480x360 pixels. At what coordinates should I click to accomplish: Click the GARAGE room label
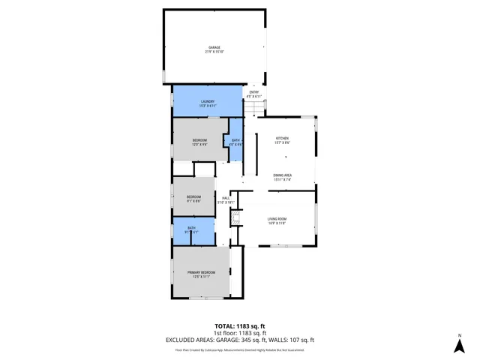click(214, 47)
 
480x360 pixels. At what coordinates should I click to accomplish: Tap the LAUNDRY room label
click(208, 101)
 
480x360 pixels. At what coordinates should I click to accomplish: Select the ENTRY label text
click(254, 92)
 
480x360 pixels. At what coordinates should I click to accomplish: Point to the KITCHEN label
click(282, 139)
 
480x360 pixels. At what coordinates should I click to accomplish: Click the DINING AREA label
click(282, 175)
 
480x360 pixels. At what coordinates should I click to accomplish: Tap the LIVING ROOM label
click(277, 218)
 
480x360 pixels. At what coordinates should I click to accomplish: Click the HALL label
click(225, 198)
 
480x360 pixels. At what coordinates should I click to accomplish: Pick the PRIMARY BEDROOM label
click(201, 272)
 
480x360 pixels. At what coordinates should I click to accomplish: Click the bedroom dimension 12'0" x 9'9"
click(199, 145)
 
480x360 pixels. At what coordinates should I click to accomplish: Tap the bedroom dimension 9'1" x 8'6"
click(193, 201)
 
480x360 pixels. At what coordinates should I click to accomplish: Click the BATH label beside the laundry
click(235, 141)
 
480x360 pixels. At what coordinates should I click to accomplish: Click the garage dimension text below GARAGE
click(214, 52)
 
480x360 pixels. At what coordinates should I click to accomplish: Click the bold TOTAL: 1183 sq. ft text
click(240, 325)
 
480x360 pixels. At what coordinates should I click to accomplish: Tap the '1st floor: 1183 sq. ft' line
click(240, 332)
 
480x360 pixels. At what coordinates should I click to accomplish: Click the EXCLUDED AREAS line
click(240, 340)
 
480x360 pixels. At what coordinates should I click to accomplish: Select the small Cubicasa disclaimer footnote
click(240, 349)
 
